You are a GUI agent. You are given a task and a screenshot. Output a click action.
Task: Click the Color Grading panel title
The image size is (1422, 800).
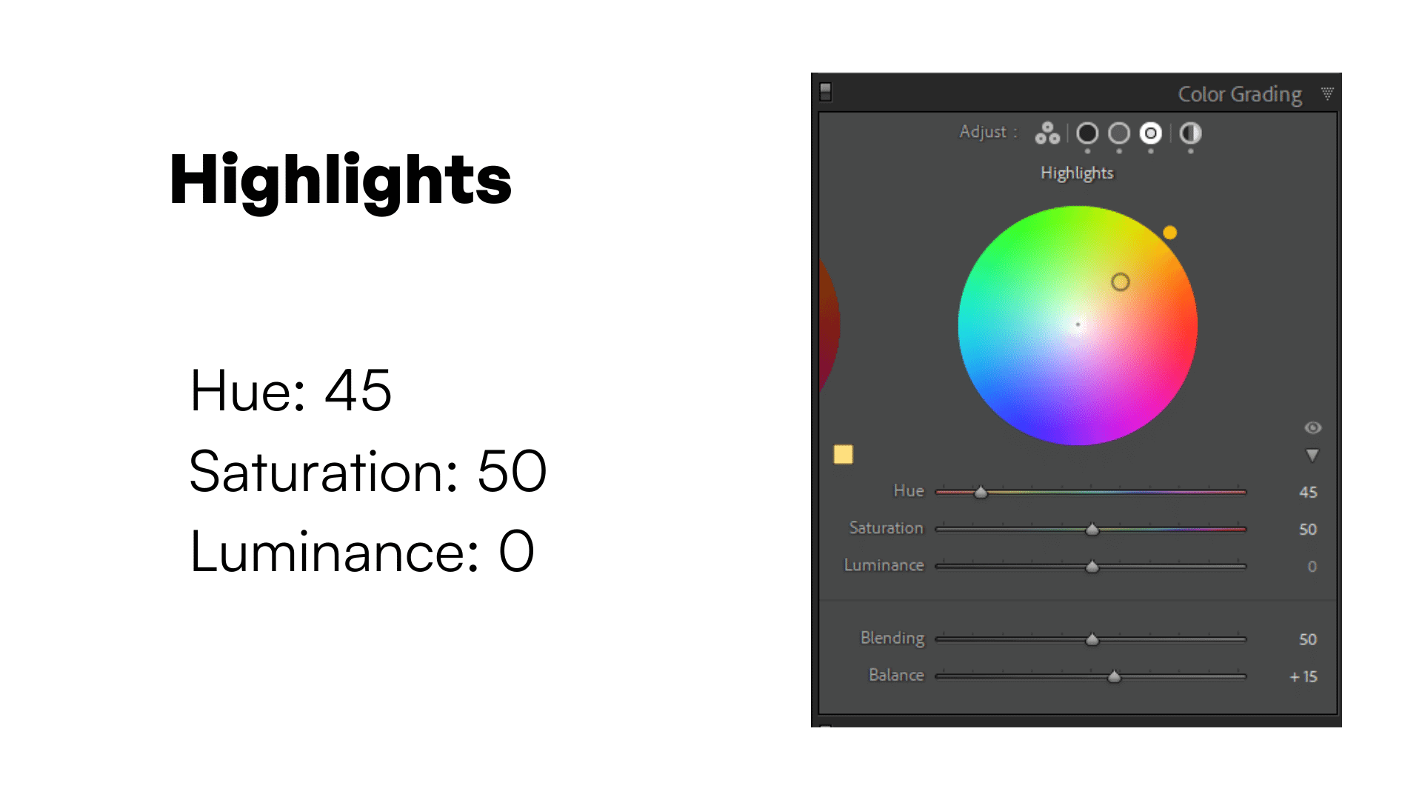1240,95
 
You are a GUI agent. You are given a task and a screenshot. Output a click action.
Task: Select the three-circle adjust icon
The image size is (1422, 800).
1047,133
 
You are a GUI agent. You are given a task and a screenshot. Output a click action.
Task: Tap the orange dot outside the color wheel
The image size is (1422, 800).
1170,233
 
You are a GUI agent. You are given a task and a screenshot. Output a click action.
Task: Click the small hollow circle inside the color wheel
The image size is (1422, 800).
1121,281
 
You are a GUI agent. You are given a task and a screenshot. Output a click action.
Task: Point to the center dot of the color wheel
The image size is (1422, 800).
1078,324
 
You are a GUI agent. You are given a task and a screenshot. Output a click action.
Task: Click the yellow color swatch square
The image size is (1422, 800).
843,454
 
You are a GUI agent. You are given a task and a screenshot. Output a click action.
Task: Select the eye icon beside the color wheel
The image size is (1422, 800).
1312,427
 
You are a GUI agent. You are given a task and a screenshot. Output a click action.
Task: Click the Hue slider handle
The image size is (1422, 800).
981,492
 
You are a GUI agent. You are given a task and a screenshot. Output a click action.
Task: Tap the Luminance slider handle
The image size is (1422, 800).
1092,567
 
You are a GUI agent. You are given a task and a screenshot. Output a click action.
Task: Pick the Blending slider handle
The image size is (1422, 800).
1092,639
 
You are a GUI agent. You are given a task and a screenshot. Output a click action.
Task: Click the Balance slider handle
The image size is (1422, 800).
1114,676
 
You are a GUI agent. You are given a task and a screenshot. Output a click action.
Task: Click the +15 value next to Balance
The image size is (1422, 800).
1303,677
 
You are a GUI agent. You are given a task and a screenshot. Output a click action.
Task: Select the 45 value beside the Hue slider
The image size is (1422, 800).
1308,493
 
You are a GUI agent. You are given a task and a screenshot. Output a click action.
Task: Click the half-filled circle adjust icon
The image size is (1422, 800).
1190,133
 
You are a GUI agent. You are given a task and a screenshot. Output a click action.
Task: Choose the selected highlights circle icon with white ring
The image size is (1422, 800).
1150,133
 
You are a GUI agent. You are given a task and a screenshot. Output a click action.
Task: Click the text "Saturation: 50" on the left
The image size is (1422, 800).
368,471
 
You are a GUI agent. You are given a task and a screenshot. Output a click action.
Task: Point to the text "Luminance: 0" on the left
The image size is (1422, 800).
362,552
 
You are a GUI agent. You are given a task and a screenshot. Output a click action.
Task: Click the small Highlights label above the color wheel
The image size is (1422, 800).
1077,173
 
